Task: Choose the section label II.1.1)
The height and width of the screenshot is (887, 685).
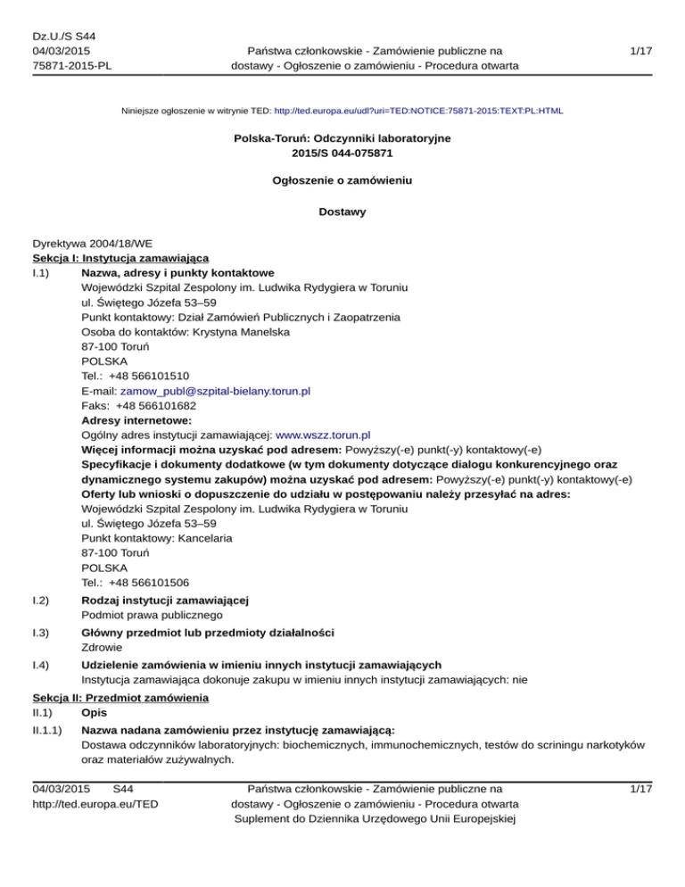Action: (48, 729)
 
